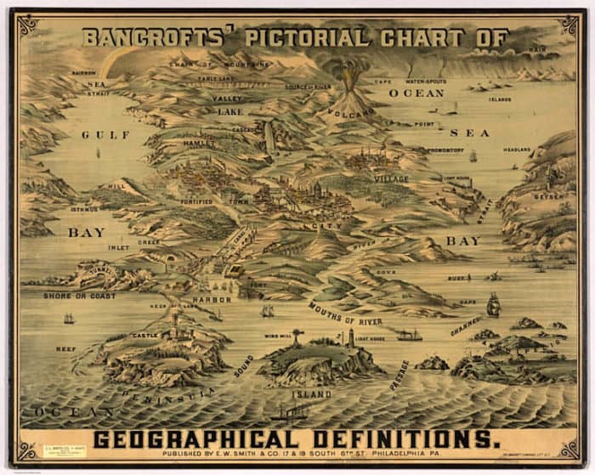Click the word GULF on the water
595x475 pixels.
[x=106, y=134]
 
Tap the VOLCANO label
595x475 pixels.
[x=347, y=114]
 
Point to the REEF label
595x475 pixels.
[x=65, y=348]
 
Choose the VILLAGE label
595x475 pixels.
[x=391, y=179]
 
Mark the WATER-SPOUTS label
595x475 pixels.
[x=425, y=82]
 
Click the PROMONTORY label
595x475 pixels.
[x=447, y=150]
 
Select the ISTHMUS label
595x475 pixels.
[x=84, y=208]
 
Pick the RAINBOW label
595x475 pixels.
[x=83, y=73]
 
